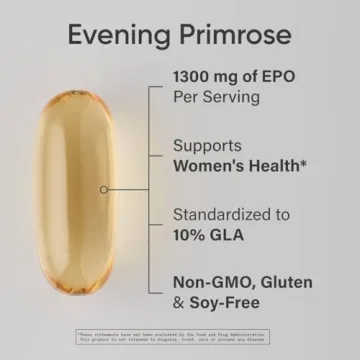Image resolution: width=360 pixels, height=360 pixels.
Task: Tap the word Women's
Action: pos(212,167)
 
